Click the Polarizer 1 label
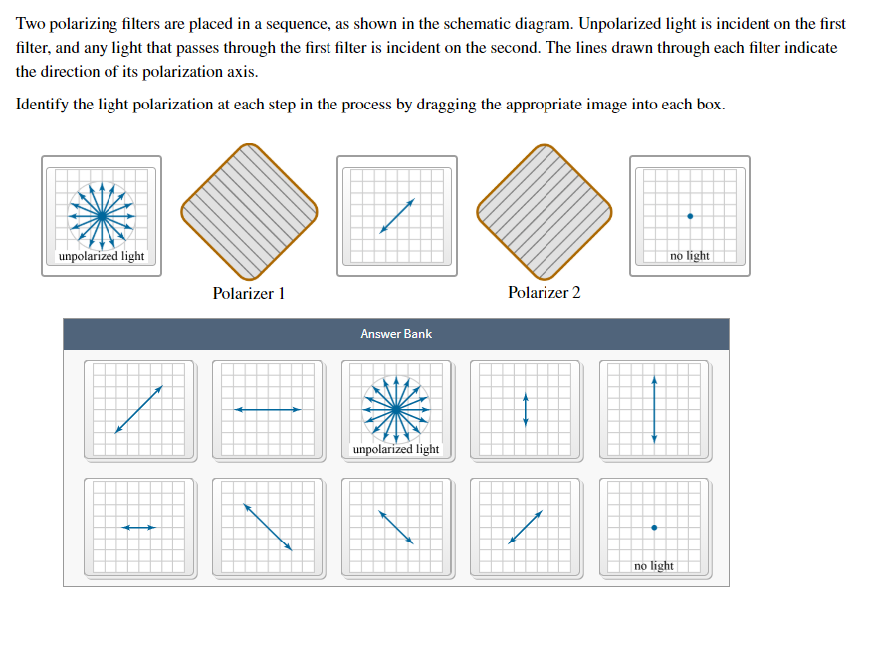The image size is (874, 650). tap(248, 293)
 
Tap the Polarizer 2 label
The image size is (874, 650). tap(544, 292)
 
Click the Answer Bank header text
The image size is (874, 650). tap(396, 334)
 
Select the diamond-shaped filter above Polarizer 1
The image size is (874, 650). tap(249, 211)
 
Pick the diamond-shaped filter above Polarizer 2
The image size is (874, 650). tap(544, 211)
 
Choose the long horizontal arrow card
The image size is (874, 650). tap(268, 410)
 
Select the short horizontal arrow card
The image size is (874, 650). tap(139, 528)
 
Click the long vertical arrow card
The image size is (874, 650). tap(654, 410)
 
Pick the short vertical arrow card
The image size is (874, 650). tap(526, 410)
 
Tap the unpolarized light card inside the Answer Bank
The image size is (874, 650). tap(396, 410)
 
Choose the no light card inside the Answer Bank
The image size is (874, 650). tap(654, 528)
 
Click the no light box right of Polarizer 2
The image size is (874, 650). tap(690, 215)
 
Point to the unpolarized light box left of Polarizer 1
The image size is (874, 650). tap(102, 215)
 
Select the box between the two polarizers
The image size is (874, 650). tap(397, 215)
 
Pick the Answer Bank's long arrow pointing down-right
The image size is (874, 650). tap(268, 528)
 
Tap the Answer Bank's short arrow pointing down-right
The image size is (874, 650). tap(396, 528)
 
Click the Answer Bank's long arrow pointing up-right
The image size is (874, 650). tap(139, 410)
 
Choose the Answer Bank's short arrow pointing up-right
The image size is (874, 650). tap(526, 528)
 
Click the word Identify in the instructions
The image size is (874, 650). tap(44, 105)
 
